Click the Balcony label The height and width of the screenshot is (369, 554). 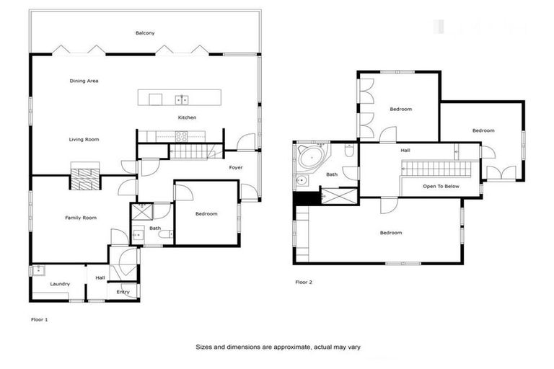145,33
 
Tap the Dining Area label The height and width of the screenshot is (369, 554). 84,81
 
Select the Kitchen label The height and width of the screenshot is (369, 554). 187,117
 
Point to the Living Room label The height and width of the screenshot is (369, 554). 84,139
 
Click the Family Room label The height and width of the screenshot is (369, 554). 80,217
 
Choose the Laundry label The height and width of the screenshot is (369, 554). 60,284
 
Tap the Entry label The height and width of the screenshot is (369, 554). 123,291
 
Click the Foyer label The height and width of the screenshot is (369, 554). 236,167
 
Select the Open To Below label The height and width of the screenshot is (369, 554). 441,185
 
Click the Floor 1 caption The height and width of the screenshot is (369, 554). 40,318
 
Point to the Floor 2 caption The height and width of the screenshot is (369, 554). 304,282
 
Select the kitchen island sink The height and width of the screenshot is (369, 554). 183,99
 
